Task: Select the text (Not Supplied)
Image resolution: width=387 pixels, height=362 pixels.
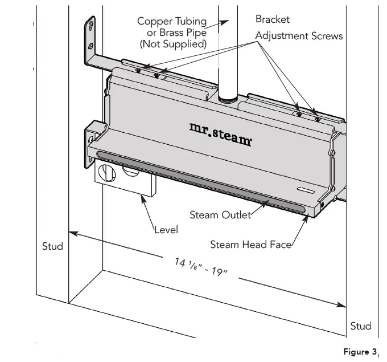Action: pyautogui.click(x=173, y=43)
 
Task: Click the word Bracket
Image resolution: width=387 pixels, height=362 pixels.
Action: pyautogui.click(x=272, y=19)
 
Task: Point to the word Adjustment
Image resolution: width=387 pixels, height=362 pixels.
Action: pyautogui.click(x=281, y=35)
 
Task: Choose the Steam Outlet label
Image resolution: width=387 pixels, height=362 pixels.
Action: pyautogui.click(x=220, y=214)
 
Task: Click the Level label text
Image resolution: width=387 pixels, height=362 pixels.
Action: pyautogui.click(x=166, y=230)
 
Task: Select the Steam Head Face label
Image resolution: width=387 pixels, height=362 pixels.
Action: pyautogui.click(x=250, y=245)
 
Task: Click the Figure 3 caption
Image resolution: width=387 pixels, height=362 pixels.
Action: pyautogui.click(x=360, y=352)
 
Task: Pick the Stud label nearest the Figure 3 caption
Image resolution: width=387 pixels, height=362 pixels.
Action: pyautogui.click(x=361, y=326)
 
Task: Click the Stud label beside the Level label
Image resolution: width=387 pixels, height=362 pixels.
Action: pyautogui.click(x=52, y=247)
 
